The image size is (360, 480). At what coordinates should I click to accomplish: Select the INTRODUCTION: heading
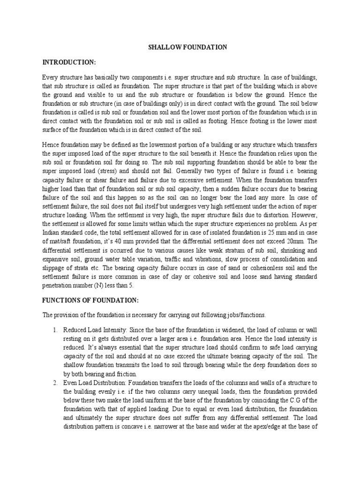coord(69,62)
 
